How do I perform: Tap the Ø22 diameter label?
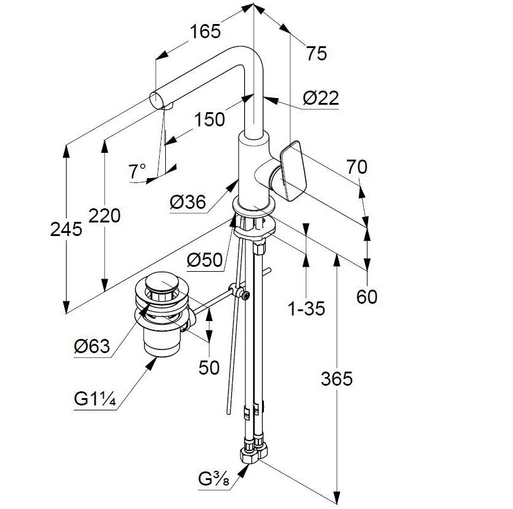[x=321, y=98]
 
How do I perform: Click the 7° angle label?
[x=137, y=171]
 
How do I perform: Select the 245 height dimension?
[x=67, y=229]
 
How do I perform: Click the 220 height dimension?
[x=104, y=216]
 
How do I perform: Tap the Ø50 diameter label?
[x=203, y=261]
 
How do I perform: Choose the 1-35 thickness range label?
[x=306, y=308]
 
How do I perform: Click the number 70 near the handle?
[x=356, y=166]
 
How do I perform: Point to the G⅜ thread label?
[x=215, y=479]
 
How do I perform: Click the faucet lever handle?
[x=293, y=169]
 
